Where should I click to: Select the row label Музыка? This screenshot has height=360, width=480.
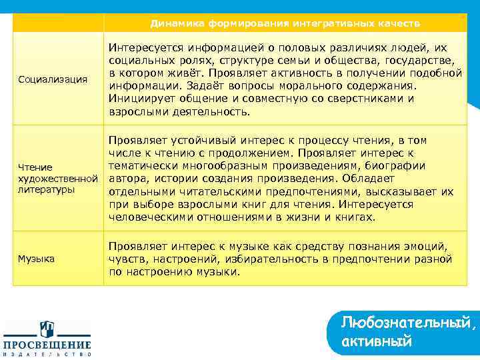(x=37, y=258)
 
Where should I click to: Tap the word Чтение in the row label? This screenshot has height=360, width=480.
(x=35, y=167)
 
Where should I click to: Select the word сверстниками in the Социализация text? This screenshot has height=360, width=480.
(x=359, y=99)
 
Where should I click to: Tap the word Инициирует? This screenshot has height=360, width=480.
(x=138, y=99)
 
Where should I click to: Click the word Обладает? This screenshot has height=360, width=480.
(x=372, y=179)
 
